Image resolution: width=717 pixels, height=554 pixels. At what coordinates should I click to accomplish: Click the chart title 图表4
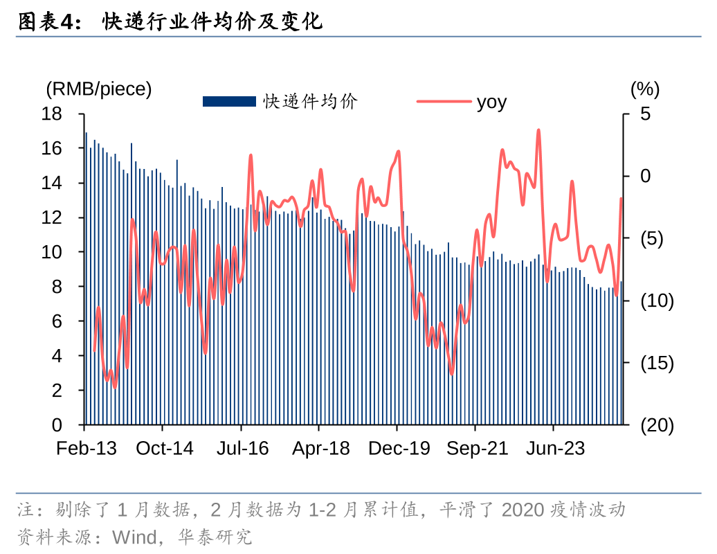pos(44,22)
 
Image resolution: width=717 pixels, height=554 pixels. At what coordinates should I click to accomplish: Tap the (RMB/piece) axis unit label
pos(98,89)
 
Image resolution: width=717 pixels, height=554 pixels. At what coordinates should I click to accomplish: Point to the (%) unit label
pos(645,89)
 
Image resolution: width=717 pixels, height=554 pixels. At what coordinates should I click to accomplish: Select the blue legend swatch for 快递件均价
pos(229,102)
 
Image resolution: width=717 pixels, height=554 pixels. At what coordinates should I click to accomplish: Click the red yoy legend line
pos(443,102)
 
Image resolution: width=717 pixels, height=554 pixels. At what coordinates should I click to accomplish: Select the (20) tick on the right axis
pos(656,425)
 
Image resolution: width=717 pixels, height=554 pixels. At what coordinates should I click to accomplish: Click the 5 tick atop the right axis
pos(646,114)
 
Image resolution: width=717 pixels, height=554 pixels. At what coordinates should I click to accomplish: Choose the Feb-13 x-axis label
pos(87,449)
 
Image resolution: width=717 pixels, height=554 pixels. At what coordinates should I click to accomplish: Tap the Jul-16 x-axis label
pos(242,449)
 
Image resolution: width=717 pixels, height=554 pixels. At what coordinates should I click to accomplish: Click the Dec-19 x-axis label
pos(399,449)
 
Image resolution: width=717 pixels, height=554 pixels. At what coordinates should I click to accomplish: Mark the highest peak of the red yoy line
pos(538,130)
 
